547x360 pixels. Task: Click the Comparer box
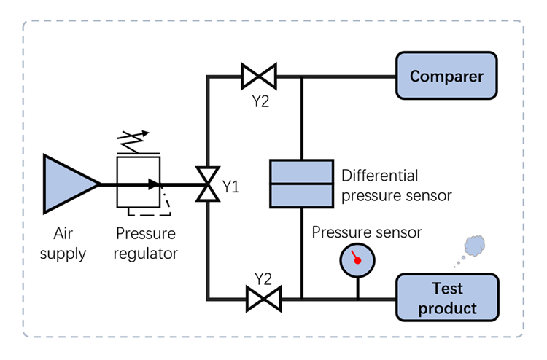click(x=447, y=76)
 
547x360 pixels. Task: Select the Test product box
click(x=447, y=298)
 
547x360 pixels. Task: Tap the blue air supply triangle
click(x=66, y=183)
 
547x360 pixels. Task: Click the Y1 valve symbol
click(x=208, y=184)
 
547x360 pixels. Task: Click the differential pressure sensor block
click(x=301, y=184)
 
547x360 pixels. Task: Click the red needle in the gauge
click(x=356, y=257)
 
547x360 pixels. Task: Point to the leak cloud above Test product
click(x=475, y=246)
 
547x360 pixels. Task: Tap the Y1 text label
click(x=231, y=188)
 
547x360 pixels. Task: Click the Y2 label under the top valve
click(x=260, y=101)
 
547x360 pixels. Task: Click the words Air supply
click(x=69, y=244)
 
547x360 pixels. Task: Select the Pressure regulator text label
click(x=146, y=244)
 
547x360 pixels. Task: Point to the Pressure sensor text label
click(x=367, y=232)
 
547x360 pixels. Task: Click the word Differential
click(x=380, y=176)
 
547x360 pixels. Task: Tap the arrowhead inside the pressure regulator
click(x=153, y=184)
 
